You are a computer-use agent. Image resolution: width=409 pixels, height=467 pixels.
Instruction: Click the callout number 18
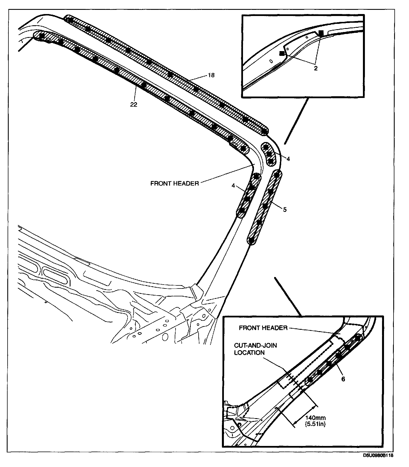tap(211, 75)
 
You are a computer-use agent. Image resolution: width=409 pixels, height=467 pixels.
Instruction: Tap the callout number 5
tap(285, 209)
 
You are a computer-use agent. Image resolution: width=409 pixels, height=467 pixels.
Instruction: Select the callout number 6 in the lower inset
tap(343, 379)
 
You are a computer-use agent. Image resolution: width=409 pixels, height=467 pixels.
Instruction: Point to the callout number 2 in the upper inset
tap(316, 68)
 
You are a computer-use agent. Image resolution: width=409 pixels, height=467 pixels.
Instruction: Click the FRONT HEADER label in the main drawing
tap(174, 184)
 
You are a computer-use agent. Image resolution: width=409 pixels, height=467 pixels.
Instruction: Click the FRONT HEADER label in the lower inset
tap(263, 328)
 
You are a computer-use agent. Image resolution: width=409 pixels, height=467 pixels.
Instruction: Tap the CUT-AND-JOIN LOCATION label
tap(256, 349)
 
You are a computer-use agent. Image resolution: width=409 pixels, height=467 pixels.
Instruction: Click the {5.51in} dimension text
tap(315, 424)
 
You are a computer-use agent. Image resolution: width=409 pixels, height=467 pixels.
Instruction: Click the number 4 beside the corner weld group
tap(288, 159)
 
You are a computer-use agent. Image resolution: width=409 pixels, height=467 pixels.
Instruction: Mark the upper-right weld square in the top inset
tap(321, 33)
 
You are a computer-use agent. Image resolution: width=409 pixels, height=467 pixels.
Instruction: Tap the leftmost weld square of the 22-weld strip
tap(42, 36)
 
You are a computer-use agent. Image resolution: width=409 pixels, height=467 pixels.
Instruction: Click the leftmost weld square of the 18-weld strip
tap(71, 20)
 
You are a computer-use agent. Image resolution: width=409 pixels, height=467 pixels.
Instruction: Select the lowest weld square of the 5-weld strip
tap(252, 240)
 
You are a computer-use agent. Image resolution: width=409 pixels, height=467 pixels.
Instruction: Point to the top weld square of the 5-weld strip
tap(277, 175)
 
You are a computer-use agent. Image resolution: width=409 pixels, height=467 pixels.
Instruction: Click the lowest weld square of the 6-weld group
tap(310, 380)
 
